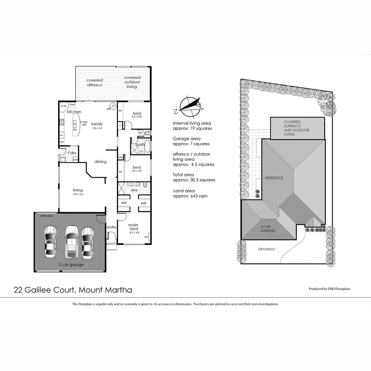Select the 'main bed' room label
tap(133, 227)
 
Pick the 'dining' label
tap(100, 161)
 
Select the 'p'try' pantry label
tap(64, 106)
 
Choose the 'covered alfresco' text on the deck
tap(94, 82)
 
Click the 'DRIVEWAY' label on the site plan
tap(267, 249)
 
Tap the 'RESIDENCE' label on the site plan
tap(274, 178)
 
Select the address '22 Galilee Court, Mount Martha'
tap(73, 290)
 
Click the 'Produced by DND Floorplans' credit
tap(329, 289)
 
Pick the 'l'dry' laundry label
tap(71, 153)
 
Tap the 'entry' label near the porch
tap(112, 227)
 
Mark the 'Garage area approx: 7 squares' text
tap(191, 141)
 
